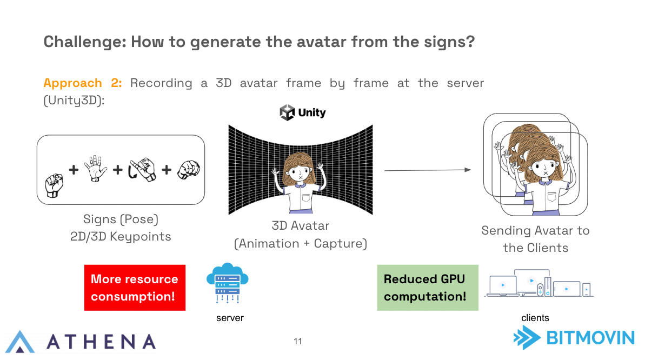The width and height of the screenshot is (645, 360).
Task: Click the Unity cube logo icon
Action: (287, 112)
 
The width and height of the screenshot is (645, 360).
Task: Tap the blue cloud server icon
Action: (228, 283)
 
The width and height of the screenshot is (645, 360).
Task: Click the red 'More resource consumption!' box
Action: (135, 288)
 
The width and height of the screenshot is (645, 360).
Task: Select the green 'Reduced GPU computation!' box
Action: (428, 288)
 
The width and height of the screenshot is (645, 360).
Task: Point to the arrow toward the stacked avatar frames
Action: (428, 170)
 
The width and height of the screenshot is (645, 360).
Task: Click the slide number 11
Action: (298, 341)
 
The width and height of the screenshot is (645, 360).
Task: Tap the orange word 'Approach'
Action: (73, 83)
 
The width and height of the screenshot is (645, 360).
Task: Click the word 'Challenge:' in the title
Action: (85, 42)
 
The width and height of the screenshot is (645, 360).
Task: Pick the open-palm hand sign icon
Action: (96, 168)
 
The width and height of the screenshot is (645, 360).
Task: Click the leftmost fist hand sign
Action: (54, 185)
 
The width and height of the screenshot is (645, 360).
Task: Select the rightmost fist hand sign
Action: (189, 170)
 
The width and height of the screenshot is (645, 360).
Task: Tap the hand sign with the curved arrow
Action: (142, 170)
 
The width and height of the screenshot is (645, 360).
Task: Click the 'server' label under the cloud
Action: (230, 318)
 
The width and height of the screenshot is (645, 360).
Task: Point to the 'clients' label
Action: (535, 318)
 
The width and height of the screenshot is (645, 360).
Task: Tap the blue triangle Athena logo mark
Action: (20, 342)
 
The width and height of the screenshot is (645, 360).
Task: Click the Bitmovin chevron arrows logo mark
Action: (527, 338)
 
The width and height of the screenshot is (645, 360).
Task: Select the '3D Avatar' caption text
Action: (301, 225)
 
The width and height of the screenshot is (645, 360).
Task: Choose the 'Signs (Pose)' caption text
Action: (121, 219)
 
